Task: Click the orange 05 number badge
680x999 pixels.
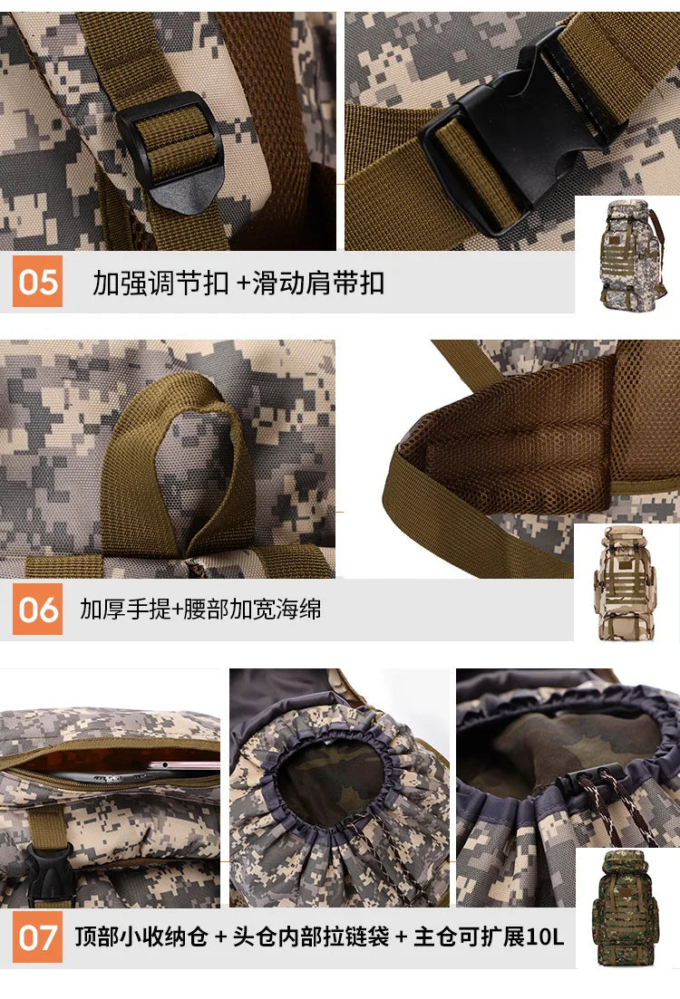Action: [x=37, y=282]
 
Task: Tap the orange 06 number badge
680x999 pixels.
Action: [x=37, y=610]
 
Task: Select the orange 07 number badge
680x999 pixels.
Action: [x=37, y=937]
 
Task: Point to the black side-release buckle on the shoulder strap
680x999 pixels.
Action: [x=508, y=136]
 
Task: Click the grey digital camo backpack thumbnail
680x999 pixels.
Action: [x=627, y=252]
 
